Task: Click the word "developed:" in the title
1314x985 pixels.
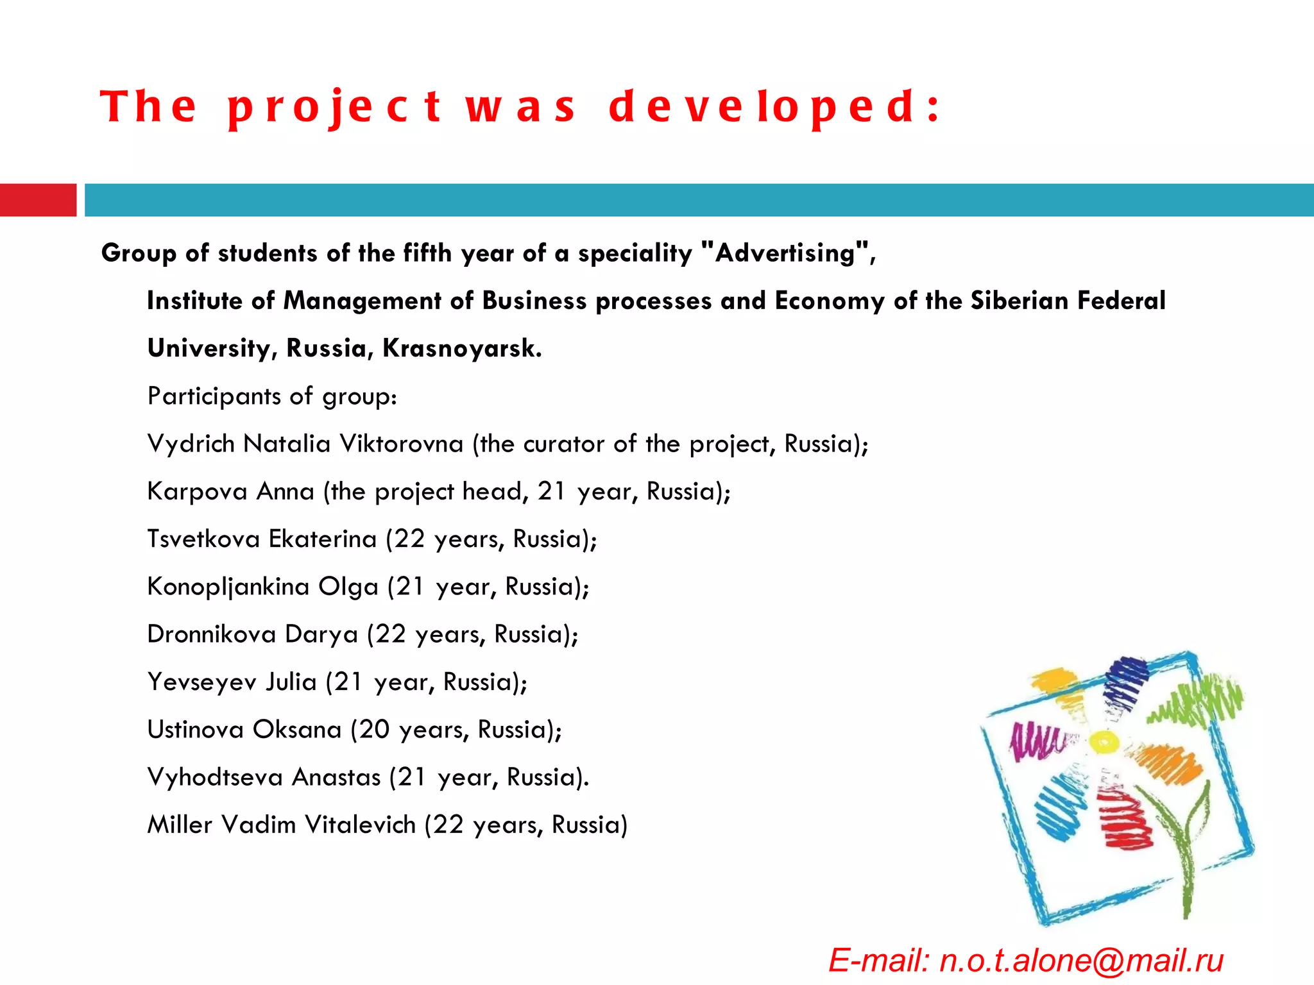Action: [774, 106]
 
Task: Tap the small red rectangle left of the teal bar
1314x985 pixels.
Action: [38, 200]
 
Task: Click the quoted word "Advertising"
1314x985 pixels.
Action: [786, 253]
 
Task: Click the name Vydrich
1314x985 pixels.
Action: [191, 444]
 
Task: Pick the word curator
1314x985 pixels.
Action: [563, 444]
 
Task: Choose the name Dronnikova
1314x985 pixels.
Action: [211, 634]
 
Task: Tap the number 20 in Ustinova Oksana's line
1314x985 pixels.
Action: [374, 730]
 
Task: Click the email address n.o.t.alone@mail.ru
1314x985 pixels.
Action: [1081, 961]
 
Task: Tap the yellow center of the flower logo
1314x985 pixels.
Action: [1104, 743]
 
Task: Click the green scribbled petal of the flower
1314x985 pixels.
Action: [1197, 702]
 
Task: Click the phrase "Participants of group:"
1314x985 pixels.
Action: [272, 396]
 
